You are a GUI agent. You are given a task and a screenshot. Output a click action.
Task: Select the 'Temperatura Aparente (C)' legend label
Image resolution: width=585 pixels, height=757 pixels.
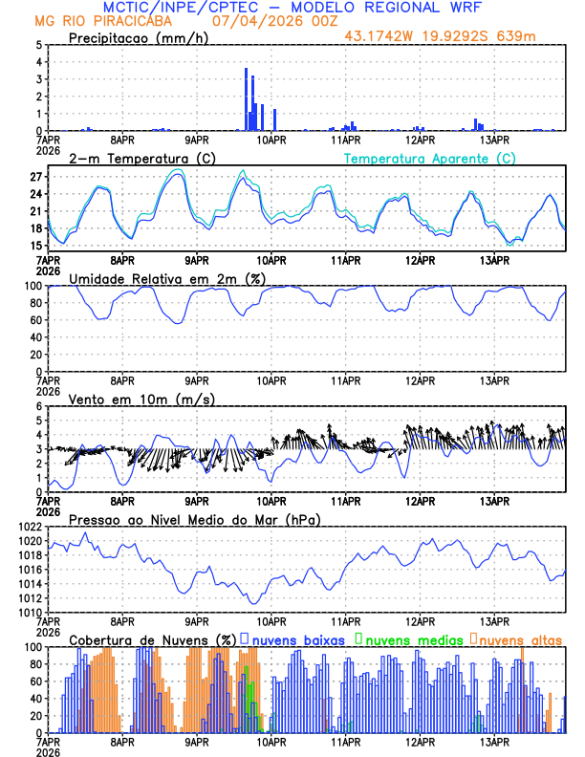tap(430, 158)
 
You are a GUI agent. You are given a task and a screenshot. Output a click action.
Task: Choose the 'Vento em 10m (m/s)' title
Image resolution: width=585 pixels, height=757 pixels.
tap(127, 399)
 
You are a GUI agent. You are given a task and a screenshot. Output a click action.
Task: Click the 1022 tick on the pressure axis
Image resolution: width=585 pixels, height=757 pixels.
tap(29, 527)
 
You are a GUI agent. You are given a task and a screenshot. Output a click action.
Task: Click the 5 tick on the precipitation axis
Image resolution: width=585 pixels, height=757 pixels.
tap(38, 45)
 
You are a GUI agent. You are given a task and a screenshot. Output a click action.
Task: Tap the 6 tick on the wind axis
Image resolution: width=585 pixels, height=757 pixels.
tap(38, 406)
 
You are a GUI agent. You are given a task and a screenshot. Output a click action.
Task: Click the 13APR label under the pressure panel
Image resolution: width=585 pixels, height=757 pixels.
tap(493, 622)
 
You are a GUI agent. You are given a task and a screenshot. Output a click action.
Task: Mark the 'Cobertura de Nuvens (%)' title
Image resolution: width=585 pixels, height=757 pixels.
tap(152, 639)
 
